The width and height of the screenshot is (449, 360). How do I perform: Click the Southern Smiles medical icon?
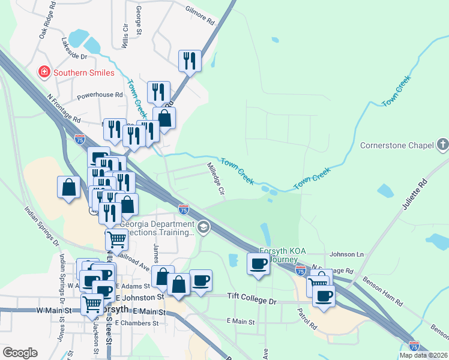(x=44, y=73)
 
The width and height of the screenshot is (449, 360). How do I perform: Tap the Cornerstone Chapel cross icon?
(x=442, y=145)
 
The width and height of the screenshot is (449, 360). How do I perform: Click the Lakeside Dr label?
(x=74, y=49)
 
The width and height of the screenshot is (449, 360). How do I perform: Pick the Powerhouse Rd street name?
(x=100, y=95)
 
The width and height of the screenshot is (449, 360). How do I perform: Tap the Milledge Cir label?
(x=215, y=179)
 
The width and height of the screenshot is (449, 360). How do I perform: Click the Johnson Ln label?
(x=347, y=254)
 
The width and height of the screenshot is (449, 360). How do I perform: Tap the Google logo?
(x=20, y=353)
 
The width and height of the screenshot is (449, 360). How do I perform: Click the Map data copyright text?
(x=423, y=355)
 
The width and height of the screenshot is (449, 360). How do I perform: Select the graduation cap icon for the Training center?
(x=204, y=226)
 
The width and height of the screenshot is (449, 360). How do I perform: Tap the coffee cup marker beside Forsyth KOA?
(x=259, y=263)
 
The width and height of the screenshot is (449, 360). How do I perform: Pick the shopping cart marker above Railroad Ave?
(x=116, y=239)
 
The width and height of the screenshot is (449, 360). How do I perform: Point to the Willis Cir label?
(x=125, y=35)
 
